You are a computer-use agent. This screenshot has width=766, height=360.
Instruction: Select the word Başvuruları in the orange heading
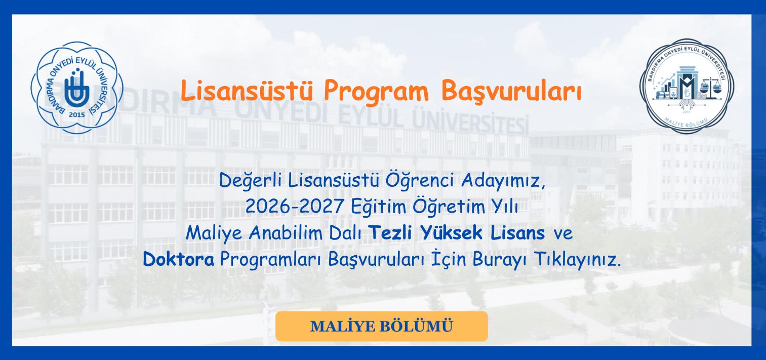click(511, 91)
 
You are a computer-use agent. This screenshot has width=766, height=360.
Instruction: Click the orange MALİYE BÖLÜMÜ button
click(381, 326)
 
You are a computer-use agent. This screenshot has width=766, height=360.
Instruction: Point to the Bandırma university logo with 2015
click(77, 88)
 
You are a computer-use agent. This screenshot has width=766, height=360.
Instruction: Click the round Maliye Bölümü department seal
click(687, 86)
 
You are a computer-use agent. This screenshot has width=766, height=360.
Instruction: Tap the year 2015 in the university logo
click(77, 115)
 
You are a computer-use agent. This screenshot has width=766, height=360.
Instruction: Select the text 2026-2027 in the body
click(295, 206)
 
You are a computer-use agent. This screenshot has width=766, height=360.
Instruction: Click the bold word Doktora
click(179, 259)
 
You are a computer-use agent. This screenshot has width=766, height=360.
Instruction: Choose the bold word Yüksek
click(452, 232)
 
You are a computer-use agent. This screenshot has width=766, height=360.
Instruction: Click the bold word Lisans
click(517, 232)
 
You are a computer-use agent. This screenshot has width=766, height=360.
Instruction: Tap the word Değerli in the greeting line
click(251, 181)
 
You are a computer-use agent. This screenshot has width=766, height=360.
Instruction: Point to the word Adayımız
click(503, 181)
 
